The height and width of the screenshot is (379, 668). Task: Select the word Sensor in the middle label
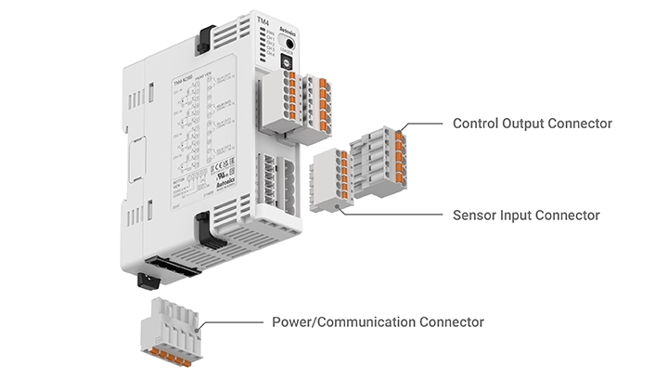pos(475,216)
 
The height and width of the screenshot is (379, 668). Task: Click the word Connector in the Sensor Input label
pos(569,216)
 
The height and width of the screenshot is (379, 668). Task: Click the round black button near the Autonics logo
pos(290,45)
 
